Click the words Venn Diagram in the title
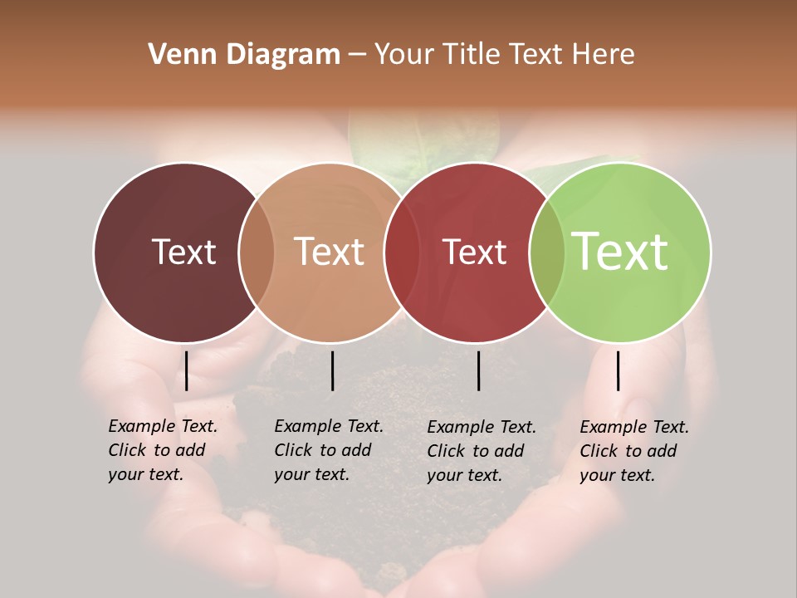pyautogui.click(x=244, y=55)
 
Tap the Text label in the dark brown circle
pyautogui.click(x=183, y=252)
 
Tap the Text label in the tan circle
pyautogui.click(x=330, y=252)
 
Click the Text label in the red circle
pyautogui.click(x=474, y=252)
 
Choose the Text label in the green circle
pyautogui.click(x=620, y=252)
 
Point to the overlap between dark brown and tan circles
pyautogui.click(x=257, y=252)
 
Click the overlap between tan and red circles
pyautogui.click(x=402, y=252)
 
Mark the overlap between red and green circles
pyautogui.click(x=547, y=252)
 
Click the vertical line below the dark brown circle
pyautogui.click(x=186, y=370)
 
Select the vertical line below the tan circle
pyautogui.click(x=332, y=370)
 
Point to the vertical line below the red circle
pyautogui.click(x=478, y=370)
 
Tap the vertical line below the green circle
pyautogui.click(x=618, y=370)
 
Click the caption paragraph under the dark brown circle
pyautogui.click(x=163, y=450)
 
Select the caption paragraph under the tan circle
pyautogui.click(x=329, y=450)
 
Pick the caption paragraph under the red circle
pyautogui.click(x=482, y=451)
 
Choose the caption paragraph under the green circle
pyautogui.click(x=634, y=451)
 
